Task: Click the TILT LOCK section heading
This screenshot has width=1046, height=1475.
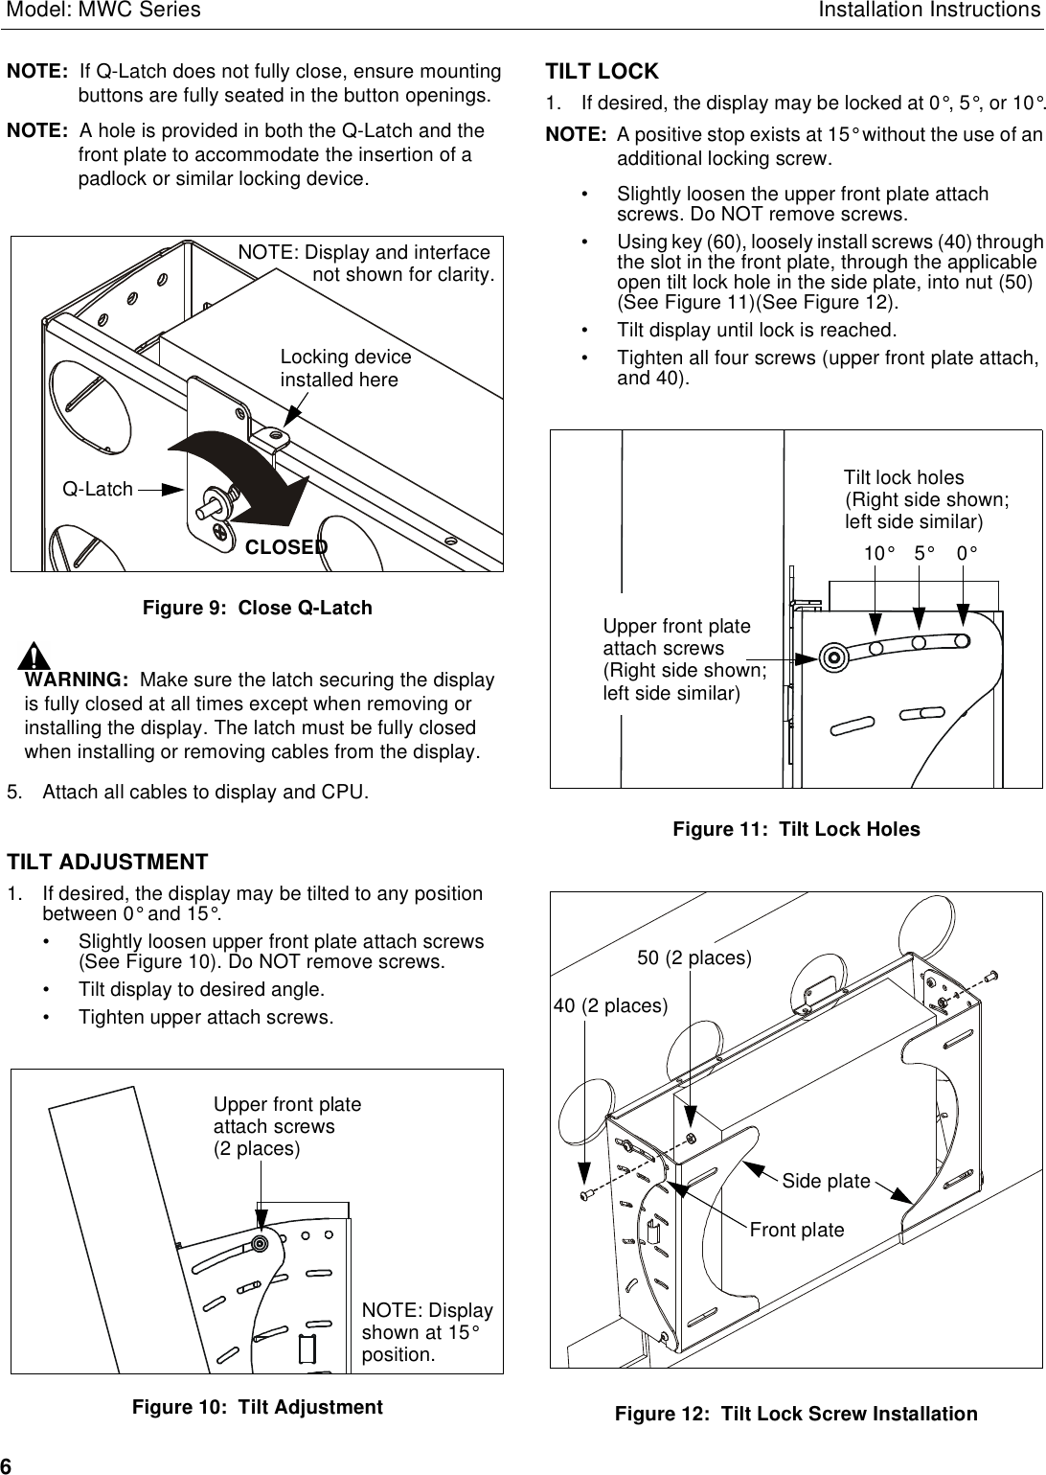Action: pyautogui.click(x=602, y=72)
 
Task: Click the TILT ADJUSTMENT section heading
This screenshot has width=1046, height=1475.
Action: pyautogui.click(x=107, y=862)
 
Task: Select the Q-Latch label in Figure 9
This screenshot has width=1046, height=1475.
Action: pyautogui.click(x=98, y=490)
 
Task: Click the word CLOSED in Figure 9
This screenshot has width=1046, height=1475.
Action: pyautogui.click(x=286, y=547)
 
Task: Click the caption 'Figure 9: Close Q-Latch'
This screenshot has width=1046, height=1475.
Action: pyautogui.click(x=257, y=609)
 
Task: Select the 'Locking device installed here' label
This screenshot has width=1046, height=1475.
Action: pyautogui.click(x=345, y=369)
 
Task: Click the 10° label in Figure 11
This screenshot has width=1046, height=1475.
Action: pyautogui.click(x=878, y=554)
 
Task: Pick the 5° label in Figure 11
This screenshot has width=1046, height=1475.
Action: pyautogui.click(x=924, y=554)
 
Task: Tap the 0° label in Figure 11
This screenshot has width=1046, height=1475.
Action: pyautogui.click(x=967, y=554)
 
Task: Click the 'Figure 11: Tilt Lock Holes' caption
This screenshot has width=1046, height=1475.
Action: pyautogui.click(x=795, y=830)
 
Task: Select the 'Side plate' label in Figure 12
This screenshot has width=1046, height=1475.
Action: pyautogui.click(x=826, y=1181)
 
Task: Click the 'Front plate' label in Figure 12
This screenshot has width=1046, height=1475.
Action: pyautogui.click(x=797, y=1230)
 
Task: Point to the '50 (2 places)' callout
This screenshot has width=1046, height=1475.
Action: pyautogui.click(x=694, y=958)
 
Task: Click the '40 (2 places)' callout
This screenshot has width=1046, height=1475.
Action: pyautogui.click(x=610, y=1005)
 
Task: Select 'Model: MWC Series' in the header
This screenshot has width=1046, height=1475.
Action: pyautogui.click(x=101, y=11)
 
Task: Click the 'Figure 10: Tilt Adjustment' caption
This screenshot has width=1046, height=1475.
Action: pyautogui.click(x=257, y=1407)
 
